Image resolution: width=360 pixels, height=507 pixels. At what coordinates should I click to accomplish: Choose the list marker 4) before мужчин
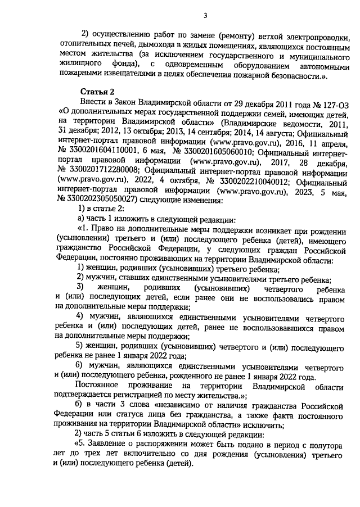point(80,317)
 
